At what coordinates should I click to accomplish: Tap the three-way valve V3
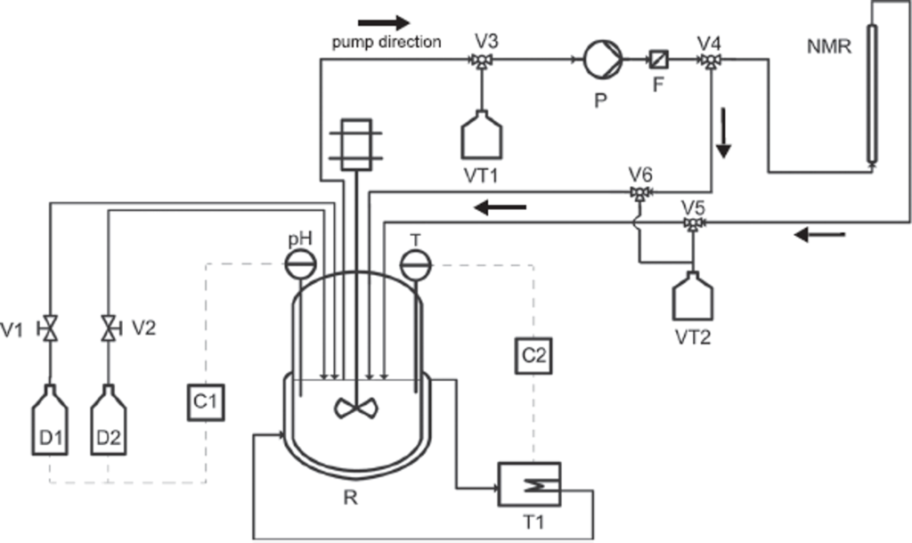482,61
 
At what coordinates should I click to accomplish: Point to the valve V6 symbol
639,192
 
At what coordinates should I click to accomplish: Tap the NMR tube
870,93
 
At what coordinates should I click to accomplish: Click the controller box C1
205,401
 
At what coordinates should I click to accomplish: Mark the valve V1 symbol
51,328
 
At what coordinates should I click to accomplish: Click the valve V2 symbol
108,328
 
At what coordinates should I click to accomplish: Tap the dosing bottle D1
51,422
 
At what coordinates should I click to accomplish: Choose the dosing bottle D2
108,422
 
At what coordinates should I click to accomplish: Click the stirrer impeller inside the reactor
355,408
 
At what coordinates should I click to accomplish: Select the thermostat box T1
530,485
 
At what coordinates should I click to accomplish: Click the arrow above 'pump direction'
384,20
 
